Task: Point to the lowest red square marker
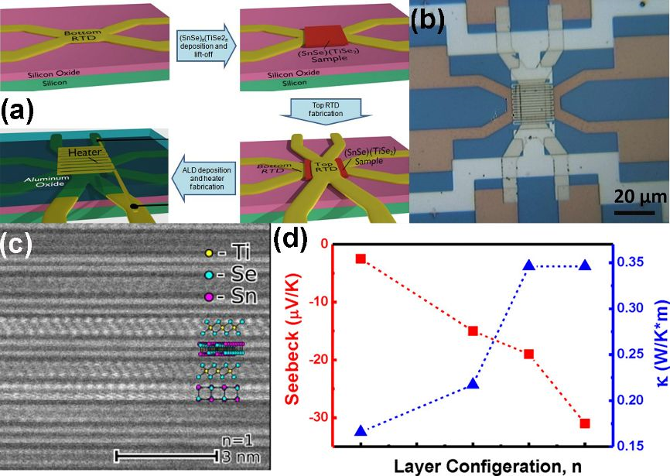point(585,423)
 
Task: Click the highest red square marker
point(361,258)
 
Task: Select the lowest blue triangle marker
point(361,430)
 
